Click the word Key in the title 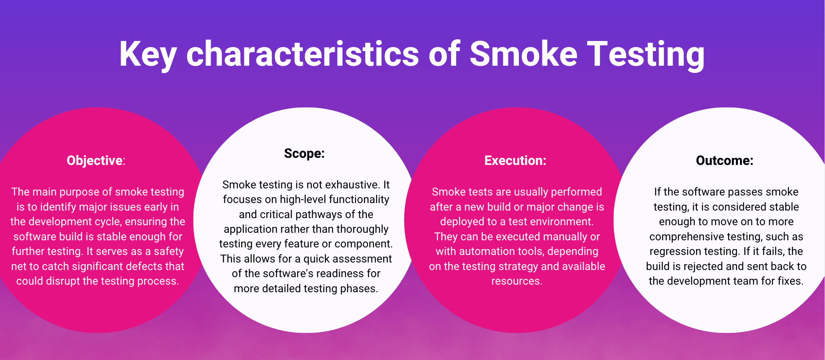(147, 54)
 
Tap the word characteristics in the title (302, 54)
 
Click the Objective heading (95, 160)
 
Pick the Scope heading (304, 153)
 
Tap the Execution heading (515, 160)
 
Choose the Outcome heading (724, 160)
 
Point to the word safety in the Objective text (169, 251)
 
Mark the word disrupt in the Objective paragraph (63, 281)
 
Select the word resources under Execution (516, 281)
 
